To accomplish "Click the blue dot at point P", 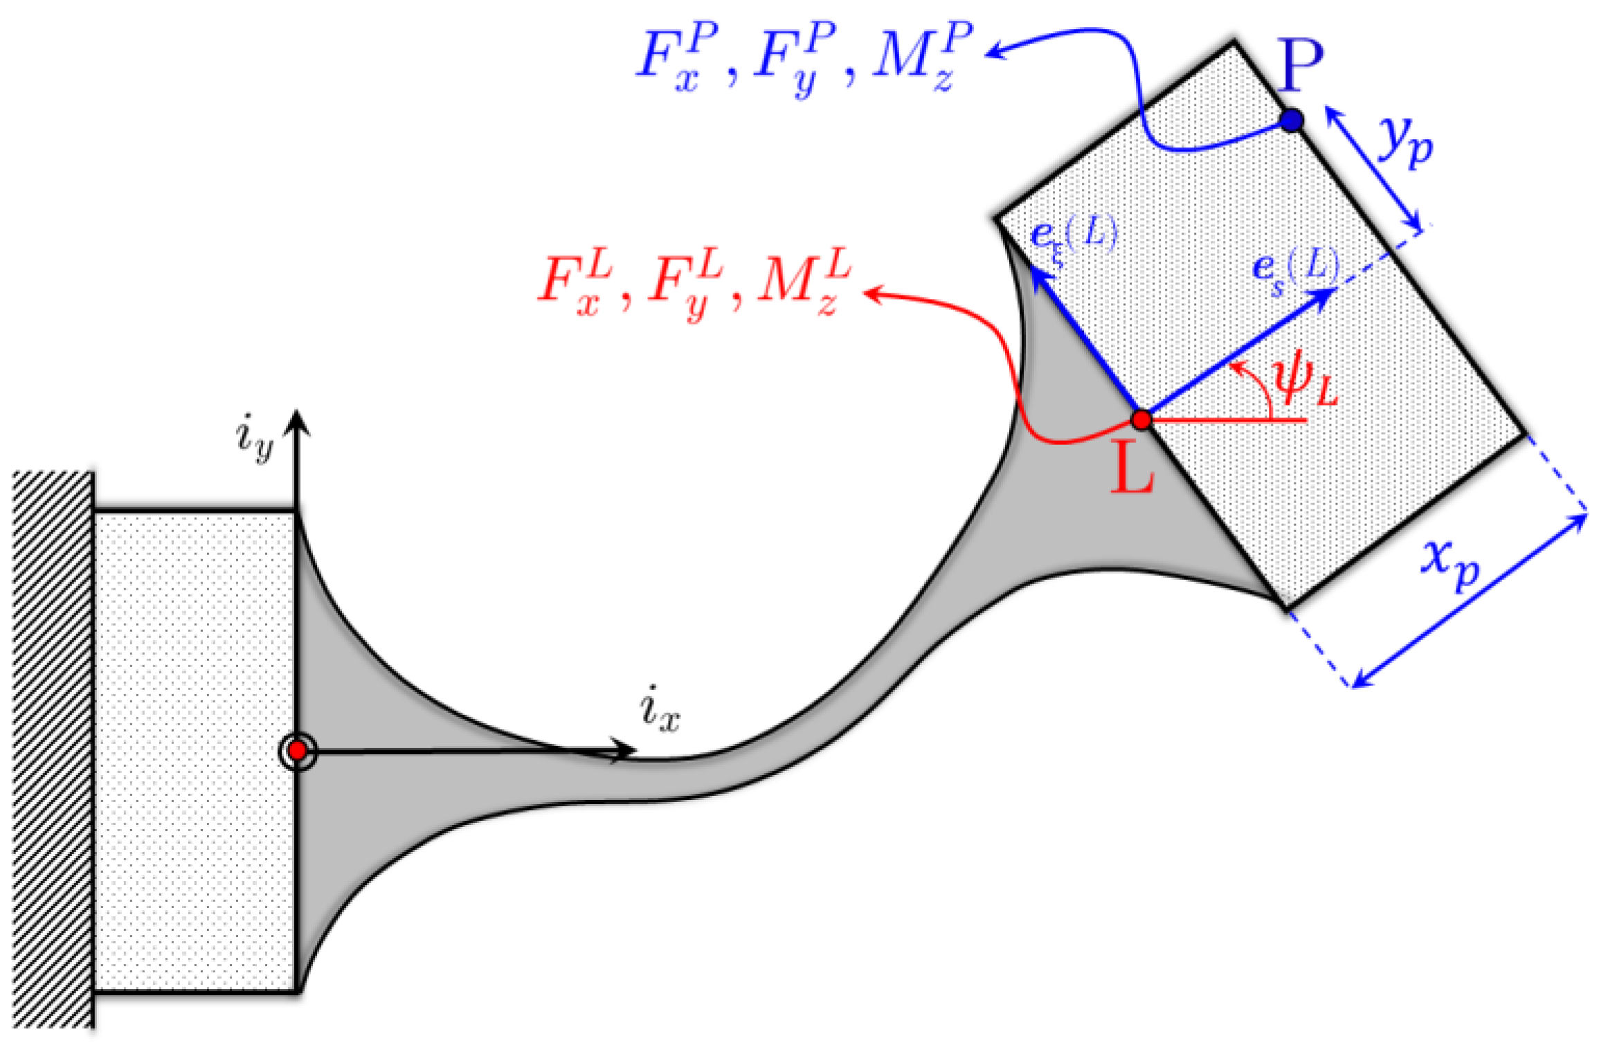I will (1291, 120).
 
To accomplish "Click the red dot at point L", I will (1141, 419).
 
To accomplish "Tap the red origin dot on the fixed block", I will (298, 750).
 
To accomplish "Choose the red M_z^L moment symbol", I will (804, 283).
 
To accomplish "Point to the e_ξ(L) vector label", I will (1074, 235).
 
